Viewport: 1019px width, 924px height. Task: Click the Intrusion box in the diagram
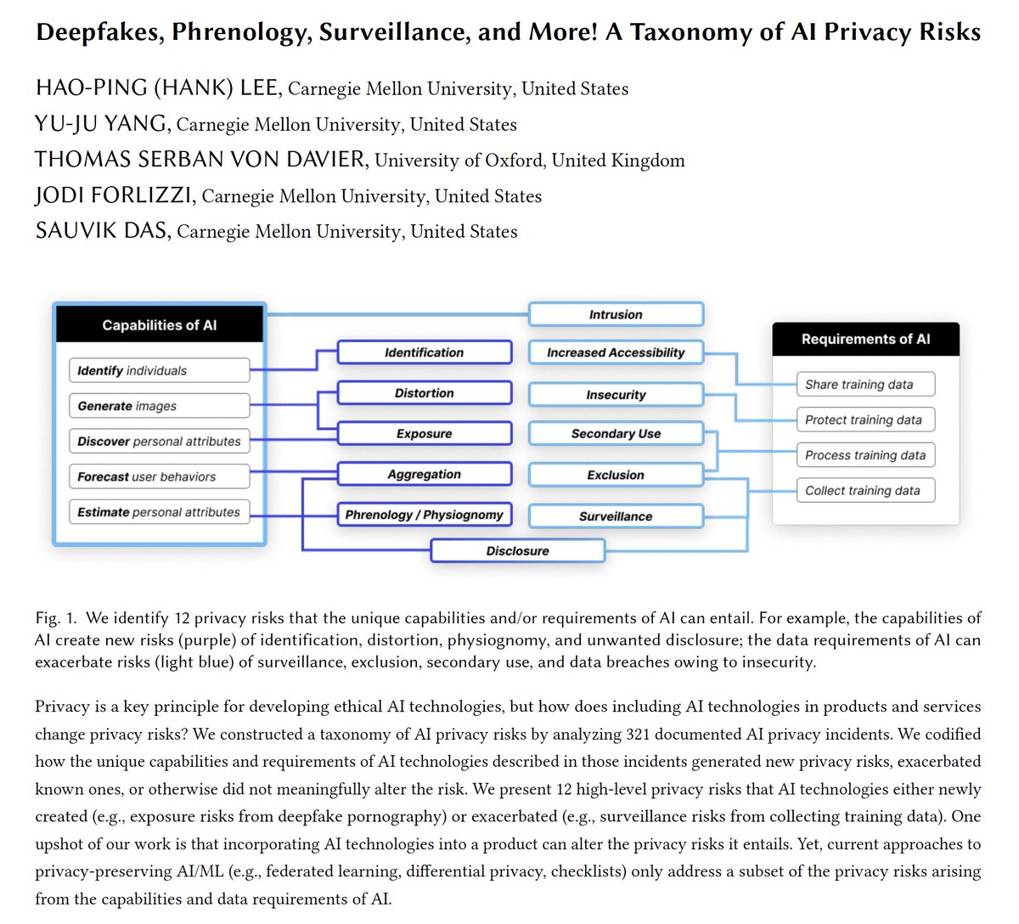[x=616, y=314]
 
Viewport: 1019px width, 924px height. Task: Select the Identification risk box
[x=425, y=352]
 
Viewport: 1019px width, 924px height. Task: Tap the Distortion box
[x=425, y=393]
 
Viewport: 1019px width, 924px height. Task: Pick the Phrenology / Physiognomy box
[x=425, y=515]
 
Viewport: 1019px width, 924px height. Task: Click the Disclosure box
[x=517, y=551]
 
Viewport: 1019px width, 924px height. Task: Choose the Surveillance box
[x=616, y=516]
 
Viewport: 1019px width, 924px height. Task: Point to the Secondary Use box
[x=616, y=434]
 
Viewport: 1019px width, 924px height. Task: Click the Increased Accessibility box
[x=616, y=352]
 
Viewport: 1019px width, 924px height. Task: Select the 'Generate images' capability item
[x=159, y=406]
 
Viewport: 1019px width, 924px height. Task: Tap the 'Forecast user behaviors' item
[x=159, y=476]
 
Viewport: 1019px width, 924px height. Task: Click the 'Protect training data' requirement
[x=864, y=420]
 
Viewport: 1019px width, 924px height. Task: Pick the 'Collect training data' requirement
[x=864, y=491]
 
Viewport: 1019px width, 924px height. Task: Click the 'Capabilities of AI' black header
[x=160, y=325]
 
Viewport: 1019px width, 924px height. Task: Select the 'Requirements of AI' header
[x=865, y=339]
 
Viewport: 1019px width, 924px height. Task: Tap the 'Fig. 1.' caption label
[x=56, y=617]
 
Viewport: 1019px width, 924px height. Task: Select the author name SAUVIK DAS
[x=102, y=232]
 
